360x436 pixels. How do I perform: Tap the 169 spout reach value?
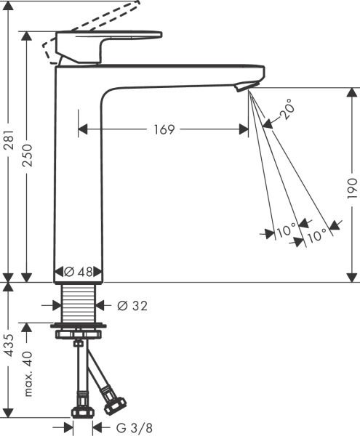164,129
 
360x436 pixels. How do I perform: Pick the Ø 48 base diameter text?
79,272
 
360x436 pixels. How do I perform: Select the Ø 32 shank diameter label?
132,306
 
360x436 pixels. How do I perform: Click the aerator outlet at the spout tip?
243,86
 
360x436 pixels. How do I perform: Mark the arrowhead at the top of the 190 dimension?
351,92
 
